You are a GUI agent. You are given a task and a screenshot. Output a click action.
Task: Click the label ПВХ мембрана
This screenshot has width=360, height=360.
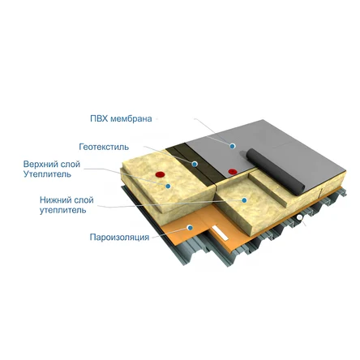tap(121, 118)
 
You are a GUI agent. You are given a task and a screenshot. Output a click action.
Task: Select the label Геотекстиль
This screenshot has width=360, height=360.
tap(104, 147)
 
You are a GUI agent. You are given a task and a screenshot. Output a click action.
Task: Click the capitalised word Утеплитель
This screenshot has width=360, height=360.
tap(47, 174)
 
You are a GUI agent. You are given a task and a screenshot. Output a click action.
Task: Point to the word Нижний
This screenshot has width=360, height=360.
tap(55, 200)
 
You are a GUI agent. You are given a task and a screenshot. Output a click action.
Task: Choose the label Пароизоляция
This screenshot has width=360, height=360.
tap(119, 237)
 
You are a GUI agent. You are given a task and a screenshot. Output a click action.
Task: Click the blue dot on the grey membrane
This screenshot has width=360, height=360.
tap(232, 146)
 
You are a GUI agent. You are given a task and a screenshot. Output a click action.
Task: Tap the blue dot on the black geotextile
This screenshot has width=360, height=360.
tap(195, 164)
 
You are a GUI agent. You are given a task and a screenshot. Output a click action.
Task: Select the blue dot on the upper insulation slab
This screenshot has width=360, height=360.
tap(168, 186)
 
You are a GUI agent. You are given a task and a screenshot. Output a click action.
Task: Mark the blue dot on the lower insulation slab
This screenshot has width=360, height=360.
tap(244, 200)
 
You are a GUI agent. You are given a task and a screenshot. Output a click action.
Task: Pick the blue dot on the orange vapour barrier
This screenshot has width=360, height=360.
tap(190, 228)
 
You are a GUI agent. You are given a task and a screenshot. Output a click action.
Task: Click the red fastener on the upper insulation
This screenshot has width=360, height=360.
tap(161, 174)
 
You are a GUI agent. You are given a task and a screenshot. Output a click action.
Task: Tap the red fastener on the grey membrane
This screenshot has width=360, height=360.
tap(233, 171)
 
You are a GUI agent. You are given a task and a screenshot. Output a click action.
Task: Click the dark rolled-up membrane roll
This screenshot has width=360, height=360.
tap(275, 171)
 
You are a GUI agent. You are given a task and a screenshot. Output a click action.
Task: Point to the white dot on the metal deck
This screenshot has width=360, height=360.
tap(299, 217)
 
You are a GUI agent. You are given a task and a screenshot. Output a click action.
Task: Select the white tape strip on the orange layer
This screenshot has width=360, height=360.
tap(221, 233)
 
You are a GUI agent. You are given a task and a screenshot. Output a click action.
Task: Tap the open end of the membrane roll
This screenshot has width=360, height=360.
tap(300, 188)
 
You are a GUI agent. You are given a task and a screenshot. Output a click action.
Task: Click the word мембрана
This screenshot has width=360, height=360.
tap(131, 118)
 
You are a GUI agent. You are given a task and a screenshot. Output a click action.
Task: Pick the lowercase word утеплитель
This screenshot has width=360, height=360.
tap(63, 210)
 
